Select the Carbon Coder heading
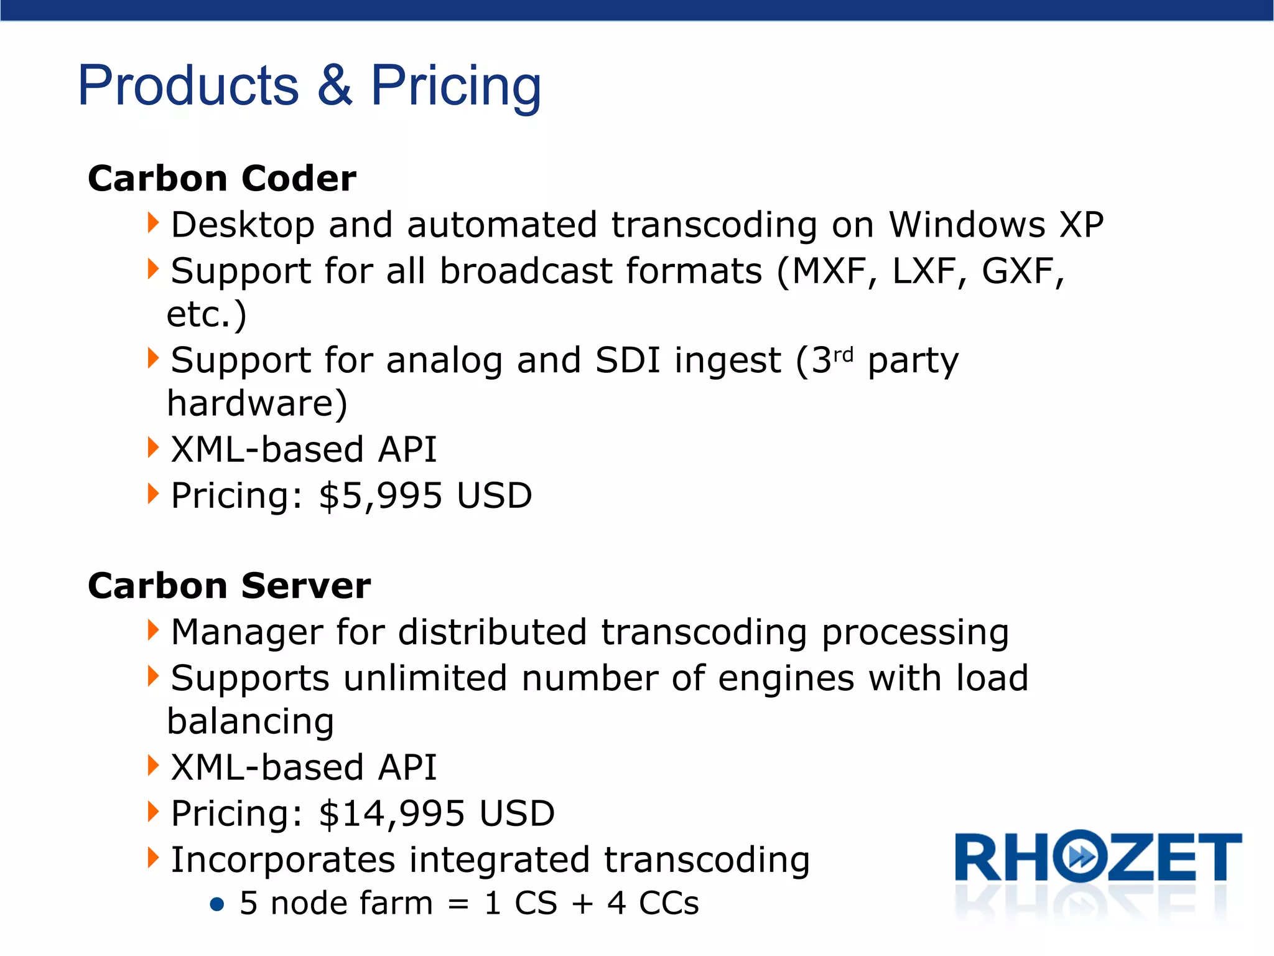(x=222, y=179)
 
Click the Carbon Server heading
(x=229, y=586)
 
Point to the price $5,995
(x=380, y=496)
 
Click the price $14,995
(x=391, y=813)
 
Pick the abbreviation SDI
(x=627, y=361)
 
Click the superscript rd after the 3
(x=843, y=354)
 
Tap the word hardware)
(x=257, y=404)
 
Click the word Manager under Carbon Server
(x=246, y=633)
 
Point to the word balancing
(x=251, y=722)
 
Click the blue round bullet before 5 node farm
(x=216, y=904)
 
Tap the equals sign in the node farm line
(x=458, y=904)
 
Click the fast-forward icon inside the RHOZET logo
(x=1081, y=857)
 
